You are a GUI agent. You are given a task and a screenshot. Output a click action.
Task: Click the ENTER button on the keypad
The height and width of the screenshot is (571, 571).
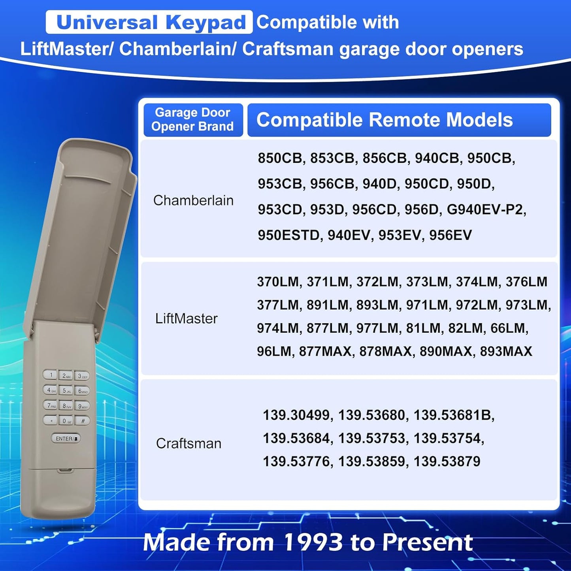coord(66,438)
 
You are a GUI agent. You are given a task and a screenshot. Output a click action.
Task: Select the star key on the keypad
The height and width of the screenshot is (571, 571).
coord(50,420)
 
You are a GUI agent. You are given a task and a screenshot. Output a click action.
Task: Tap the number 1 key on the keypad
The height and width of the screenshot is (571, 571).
coord(50,375)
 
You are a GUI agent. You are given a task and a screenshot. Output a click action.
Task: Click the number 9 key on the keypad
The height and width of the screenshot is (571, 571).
coord(82,406)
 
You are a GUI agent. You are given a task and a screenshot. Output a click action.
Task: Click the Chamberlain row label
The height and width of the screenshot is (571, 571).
coord(193,201)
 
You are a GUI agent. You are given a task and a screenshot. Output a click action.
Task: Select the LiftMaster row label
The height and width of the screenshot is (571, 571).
coord(187,318)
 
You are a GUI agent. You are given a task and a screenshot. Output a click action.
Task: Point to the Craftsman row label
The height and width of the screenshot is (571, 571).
coord(189,444)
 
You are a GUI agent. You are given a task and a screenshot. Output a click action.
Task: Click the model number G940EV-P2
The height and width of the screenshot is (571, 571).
coord(486,210)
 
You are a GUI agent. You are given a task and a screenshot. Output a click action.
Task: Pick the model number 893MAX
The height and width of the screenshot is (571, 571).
coord(506,351)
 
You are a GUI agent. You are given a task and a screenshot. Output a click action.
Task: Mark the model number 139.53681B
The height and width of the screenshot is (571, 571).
coord(453,415)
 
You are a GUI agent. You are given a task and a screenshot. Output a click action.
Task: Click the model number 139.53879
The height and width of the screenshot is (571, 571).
coord(447,462)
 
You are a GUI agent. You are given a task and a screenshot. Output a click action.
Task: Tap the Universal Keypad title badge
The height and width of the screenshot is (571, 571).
coord(149,22)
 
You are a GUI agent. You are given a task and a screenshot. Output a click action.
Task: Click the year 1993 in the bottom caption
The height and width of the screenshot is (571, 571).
coord(313,543)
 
